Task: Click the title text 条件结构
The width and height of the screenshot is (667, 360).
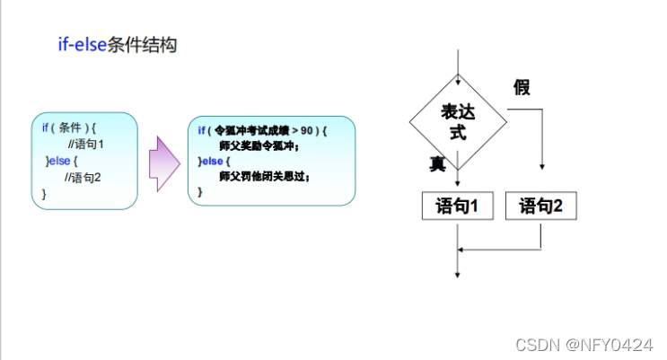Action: pos(142,46)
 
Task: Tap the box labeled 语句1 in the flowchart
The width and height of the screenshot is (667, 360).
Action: pos(457,206)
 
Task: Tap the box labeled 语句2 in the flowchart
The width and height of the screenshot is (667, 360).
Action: pos(540,206)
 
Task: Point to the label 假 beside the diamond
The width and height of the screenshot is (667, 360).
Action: pos(522,87)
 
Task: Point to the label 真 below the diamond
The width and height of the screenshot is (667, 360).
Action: pos(437,163)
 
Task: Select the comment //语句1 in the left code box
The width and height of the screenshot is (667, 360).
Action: pos(86,144)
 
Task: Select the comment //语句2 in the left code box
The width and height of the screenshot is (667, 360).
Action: pos(83,177)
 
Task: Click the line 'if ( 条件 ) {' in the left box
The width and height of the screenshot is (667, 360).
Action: pos(68,127)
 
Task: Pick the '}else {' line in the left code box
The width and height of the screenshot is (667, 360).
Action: pos(61,161)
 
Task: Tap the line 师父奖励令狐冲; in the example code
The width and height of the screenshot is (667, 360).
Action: pos(258,146)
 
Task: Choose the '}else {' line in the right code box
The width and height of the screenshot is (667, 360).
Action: pos(214,162)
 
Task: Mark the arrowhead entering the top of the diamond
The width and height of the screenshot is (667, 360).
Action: pos(458,70)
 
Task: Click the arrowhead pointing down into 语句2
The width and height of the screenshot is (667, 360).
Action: pos(541,166)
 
